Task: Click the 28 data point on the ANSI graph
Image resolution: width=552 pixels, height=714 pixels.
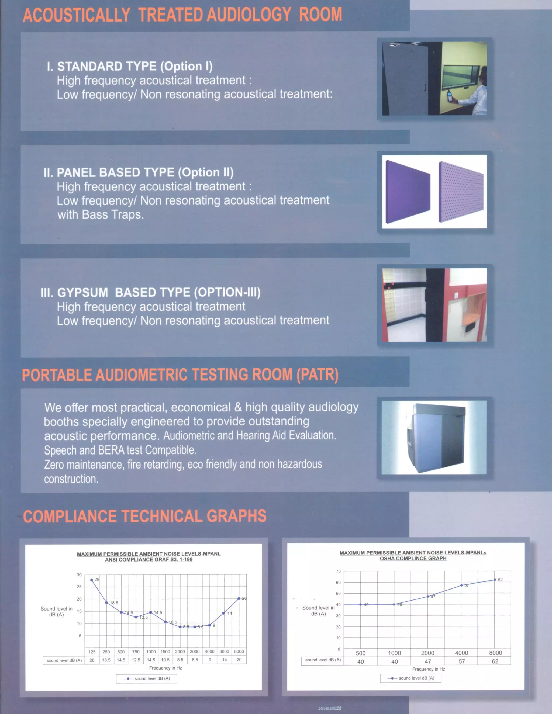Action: point(92,580)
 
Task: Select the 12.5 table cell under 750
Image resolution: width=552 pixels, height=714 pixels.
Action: point(136,660)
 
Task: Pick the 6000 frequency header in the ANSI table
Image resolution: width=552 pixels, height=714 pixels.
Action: point(224,651)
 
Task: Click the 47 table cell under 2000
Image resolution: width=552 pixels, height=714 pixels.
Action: point(428,661)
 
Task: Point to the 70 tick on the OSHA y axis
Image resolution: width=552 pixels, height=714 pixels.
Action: point(338,571)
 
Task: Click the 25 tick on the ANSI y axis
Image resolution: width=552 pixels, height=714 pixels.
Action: point(79,587)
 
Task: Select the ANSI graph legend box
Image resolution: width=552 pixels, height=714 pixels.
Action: point(147,678)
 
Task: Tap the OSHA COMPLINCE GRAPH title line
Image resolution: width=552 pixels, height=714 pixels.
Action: point(413,558)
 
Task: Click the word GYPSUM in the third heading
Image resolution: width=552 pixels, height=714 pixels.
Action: point(83,292)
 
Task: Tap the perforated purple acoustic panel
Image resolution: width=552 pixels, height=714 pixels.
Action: point(460,192)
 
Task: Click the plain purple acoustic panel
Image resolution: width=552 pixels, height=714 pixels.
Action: point(407,192)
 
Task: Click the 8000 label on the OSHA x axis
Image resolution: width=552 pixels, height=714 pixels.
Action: point(495,653)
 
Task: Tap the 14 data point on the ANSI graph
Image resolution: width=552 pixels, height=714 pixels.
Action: point(224,613)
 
